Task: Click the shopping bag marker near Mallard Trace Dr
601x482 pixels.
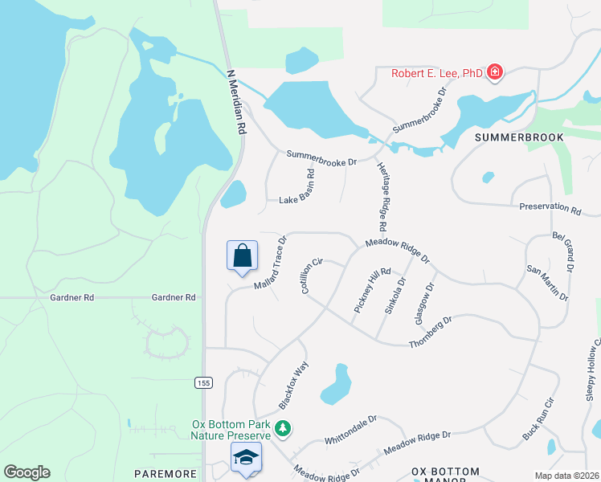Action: click(x=242, y=257)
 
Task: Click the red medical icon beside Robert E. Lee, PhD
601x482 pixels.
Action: click(x=495, y=73)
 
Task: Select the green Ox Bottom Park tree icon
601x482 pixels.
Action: click(x=283, y=429)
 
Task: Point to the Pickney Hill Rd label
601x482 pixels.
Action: click(x=372, y=290)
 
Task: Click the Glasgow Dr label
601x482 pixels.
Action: click(x=424, y=303)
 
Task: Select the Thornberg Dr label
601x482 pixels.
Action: click(x=431, y=331)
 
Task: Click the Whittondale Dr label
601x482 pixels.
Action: click(x=350, y=431)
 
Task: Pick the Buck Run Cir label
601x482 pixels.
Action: click(x=538, y=418)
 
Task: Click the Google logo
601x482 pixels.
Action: click(x=27, y=472)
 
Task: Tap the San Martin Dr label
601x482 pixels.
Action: click(x=547, y=283)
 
